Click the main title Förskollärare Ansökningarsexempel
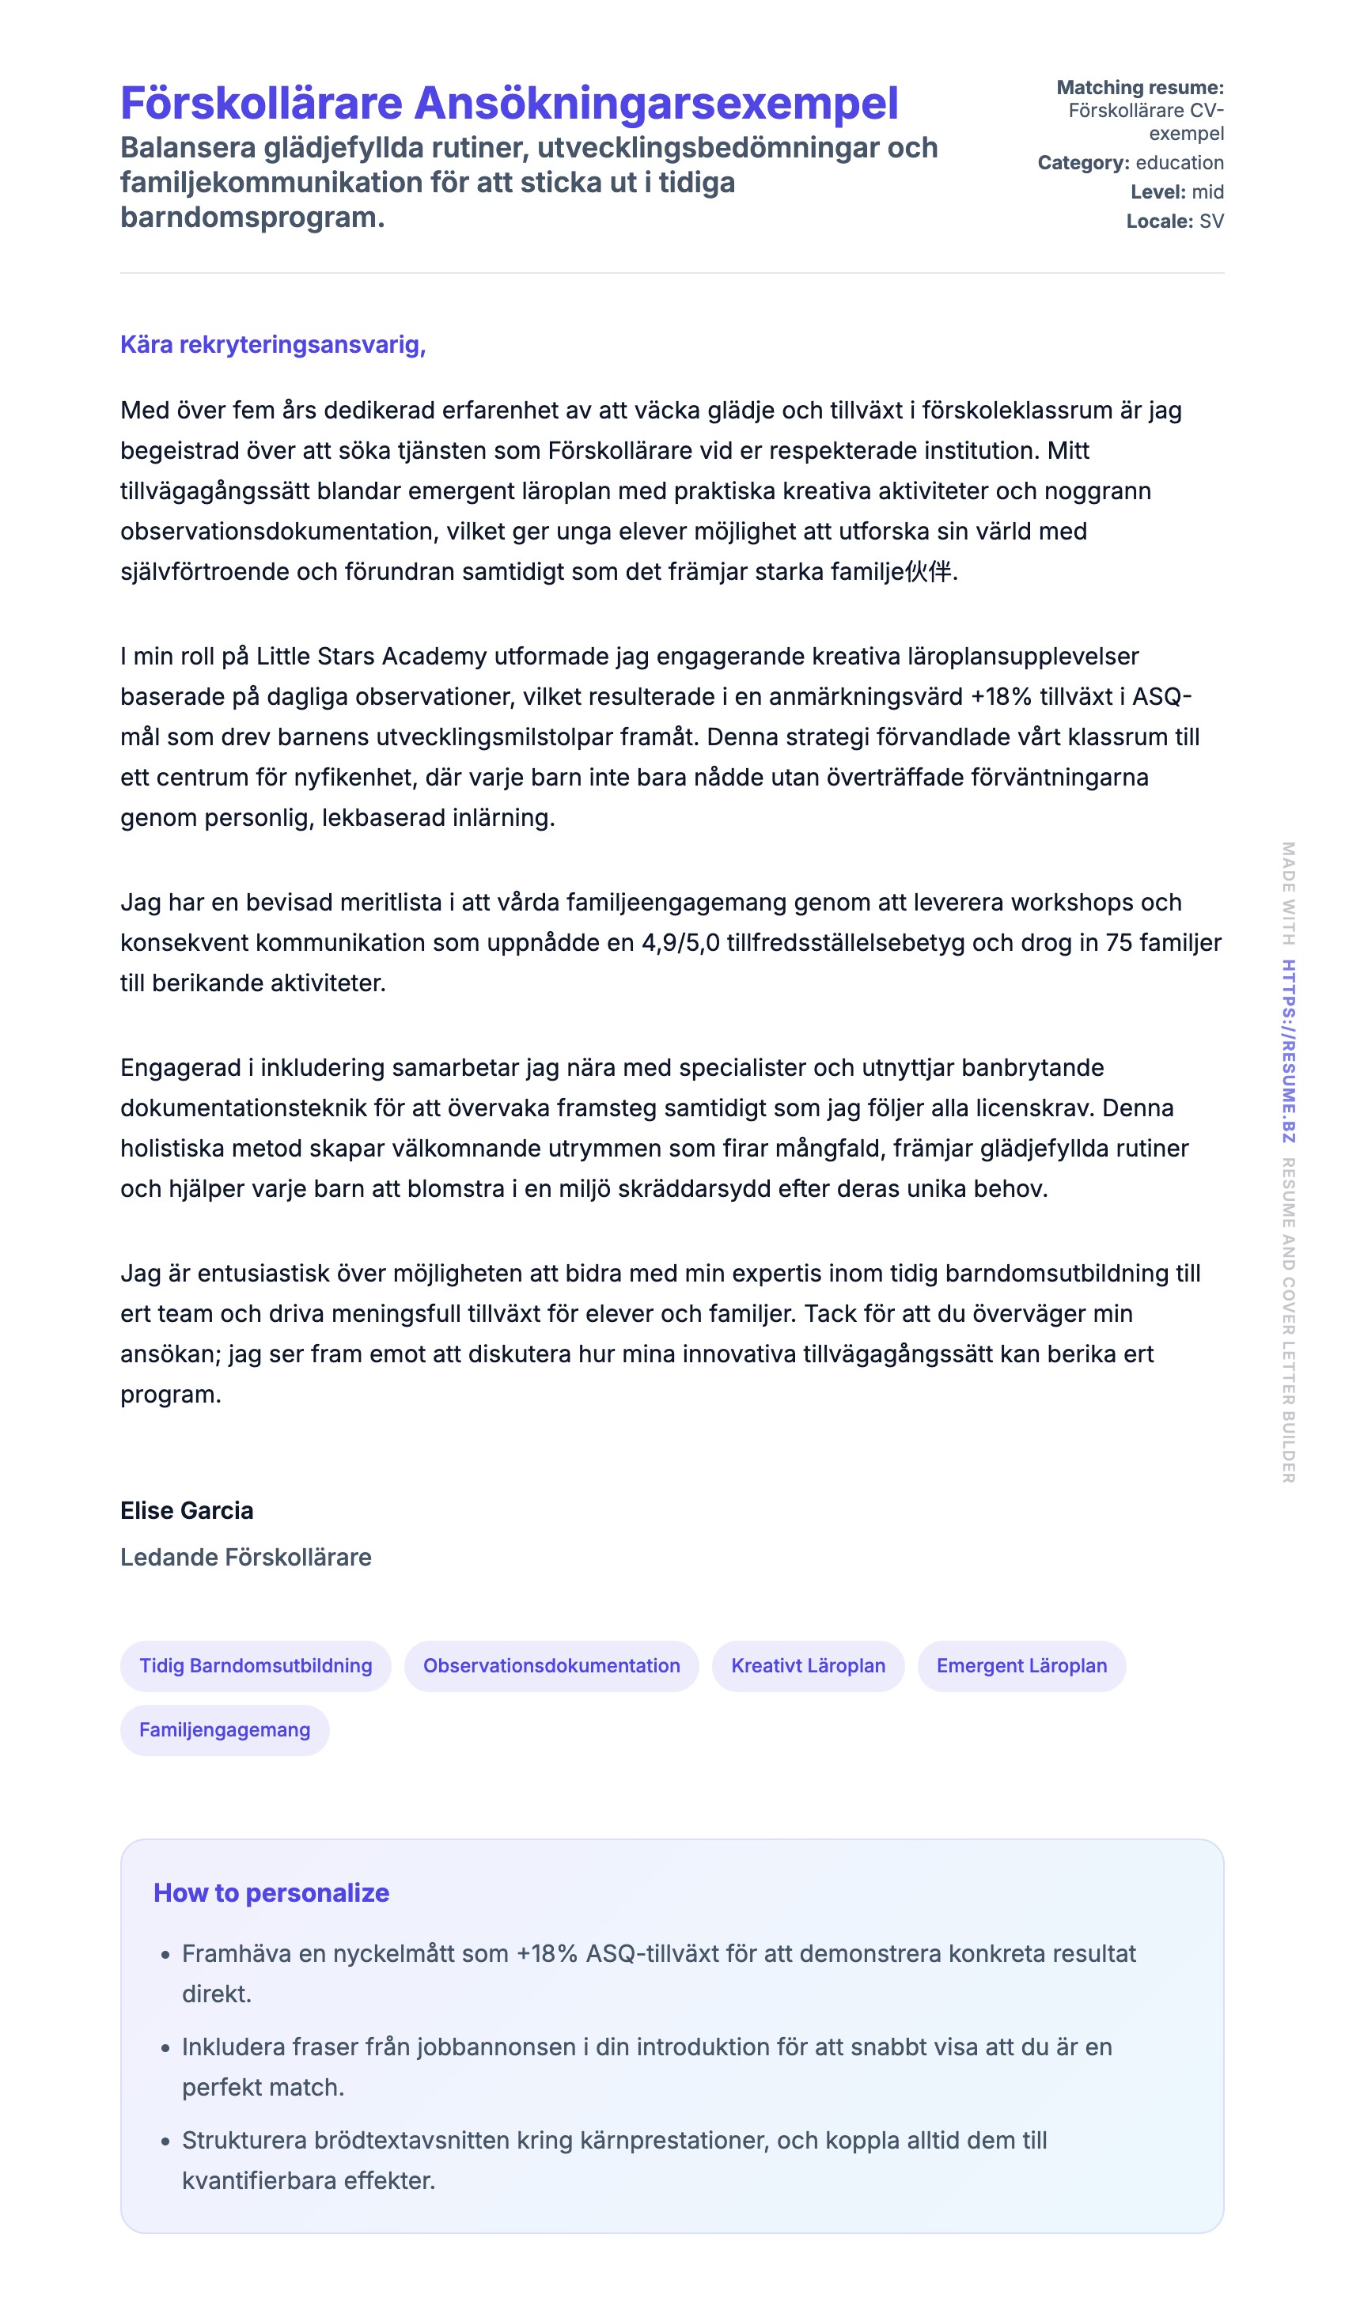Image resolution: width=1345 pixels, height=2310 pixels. [x=509, y=103]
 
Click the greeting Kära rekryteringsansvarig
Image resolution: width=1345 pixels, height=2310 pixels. [x=272, y=345]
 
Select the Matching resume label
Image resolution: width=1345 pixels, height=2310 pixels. [x=1139, y=87]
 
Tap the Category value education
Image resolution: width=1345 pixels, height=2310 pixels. [x=1179, y=162]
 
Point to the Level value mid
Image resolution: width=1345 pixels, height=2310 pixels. [x=1207, y=191]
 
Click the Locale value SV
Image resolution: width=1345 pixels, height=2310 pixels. [x=1210, y=221]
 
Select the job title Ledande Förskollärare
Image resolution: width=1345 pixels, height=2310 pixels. [x=246, y=1557]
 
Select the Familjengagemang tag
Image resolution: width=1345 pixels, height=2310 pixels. [x=225, y=1730]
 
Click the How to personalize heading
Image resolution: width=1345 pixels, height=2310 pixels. [x=271, y=1893]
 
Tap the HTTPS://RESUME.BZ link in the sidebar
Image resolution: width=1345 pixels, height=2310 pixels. [x=1288, y=1051]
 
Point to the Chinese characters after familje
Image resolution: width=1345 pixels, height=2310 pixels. [x=928, y=571]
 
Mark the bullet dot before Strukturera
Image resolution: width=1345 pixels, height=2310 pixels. [x=165, y=2142]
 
